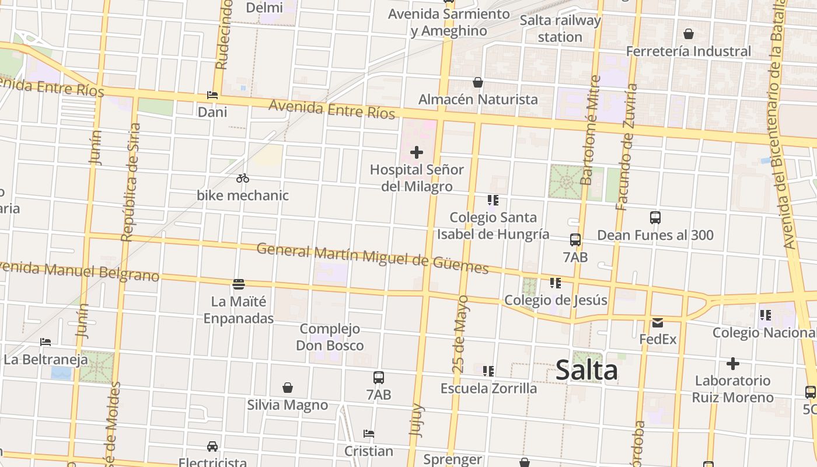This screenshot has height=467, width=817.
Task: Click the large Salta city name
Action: pyautogui.click(x=586, y=370)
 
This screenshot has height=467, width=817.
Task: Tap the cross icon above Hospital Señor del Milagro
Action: pyautogui.click(x=416, y=153)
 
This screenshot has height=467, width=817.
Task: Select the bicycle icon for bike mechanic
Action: pyautogui.click(x=243, y=178)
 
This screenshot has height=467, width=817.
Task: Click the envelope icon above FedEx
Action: pyautogui.click(x=658, y=322)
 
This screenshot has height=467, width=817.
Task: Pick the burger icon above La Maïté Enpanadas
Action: pyautogui.click(x=238, y=284)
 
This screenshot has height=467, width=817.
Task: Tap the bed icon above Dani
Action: pyautogui.click(x=212, y=95)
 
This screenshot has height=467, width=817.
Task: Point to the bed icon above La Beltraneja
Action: pyautogui.click(x=46, y=342)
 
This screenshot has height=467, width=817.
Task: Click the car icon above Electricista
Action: pyautogui.click(x=212, y=447)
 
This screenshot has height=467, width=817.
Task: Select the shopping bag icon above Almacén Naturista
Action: pyautogui.click(x=478, y=82)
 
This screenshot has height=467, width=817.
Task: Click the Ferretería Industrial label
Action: pyautogui.click(x=688, y=51)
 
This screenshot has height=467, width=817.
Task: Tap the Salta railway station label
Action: pyautogui.click(x=560, y=29)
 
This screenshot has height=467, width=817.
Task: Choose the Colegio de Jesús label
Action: pyautogui.click(x=556, y=300)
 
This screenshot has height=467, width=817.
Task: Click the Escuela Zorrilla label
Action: pyautogui.click(x=488, y=388)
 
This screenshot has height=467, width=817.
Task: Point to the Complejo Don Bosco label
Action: pyautogui.click(x=330, y=337)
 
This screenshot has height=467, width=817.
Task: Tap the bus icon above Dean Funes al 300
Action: pyautogui.click(x=655, y=218)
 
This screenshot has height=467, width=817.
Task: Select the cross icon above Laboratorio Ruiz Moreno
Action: pyautogui.click(x=732, y=364)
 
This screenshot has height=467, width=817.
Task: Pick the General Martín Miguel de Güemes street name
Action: pyautogui.click(x=372, y=258)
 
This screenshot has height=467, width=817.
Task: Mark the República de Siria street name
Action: pyautogui.click(x=131, y=182)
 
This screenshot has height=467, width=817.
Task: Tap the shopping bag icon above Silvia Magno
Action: pyautogui.click(x=287, y=388)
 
